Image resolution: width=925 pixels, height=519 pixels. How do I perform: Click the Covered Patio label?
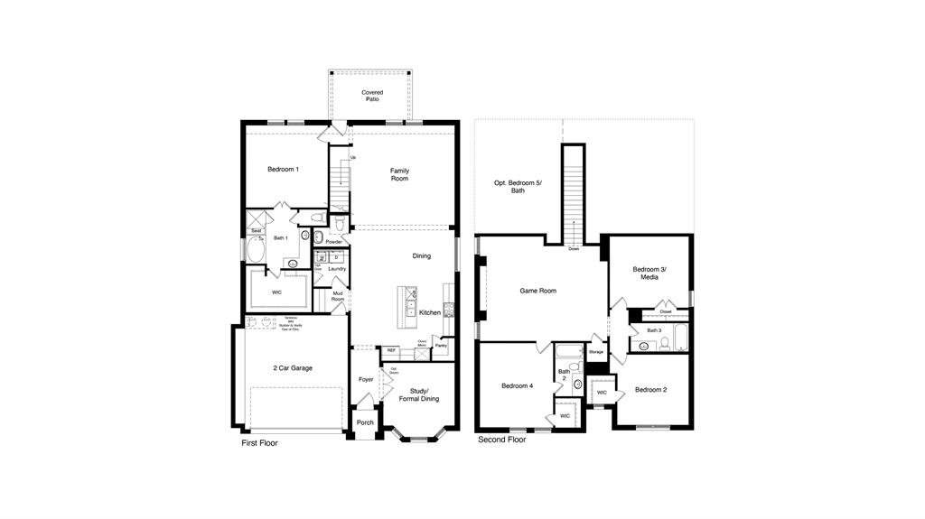tap(372, 96)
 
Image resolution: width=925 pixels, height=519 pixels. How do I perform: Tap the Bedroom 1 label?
tap(283, 170)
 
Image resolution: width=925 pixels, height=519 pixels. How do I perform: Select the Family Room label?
tap(399, 174)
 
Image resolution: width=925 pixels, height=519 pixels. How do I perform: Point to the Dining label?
tap(422, 256)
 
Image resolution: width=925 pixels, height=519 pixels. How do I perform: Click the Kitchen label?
tap(430, 312)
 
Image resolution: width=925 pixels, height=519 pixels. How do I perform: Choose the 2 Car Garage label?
tap(293, 368)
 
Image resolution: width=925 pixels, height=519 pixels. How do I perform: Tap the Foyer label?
tap(366, 379)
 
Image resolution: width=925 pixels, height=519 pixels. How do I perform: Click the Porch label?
tap(365, 422)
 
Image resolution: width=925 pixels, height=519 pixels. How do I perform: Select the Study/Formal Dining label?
tap(418, 394)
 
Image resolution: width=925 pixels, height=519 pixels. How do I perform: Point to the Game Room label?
tap(537, 291)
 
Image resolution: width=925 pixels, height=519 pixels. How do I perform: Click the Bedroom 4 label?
tap(518, 386)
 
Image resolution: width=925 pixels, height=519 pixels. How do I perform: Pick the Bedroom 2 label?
tap(650, 390)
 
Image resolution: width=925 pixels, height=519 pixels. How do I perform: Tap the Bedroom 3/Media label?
tap(649, 273)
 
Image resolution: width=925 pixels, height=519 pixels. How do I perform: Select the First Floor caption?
tap(259, 443)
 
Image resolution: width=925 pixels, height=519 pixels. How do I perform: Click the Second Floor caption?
tap(501, 440)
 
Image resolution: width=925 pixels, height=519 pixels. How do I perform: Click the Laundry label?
tap(337, 268)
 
